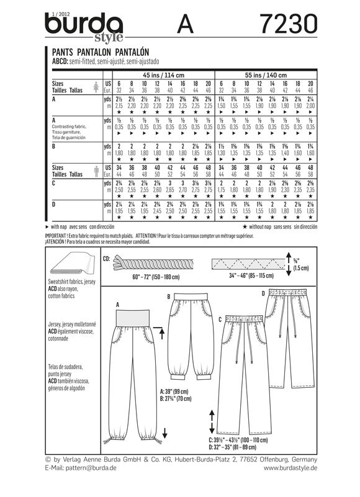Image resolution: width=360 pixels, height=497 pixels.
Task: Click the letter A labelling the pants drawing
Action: pos(117,305)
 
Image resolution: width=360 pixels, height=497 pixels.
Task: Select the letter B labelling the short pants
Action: pos(168,297)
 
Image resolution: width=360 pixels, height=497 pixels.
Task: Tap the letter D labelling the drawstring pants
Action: pos(263,292)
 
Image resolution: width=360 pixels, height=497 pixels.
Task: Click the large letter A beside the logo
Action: pos(184,22)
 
